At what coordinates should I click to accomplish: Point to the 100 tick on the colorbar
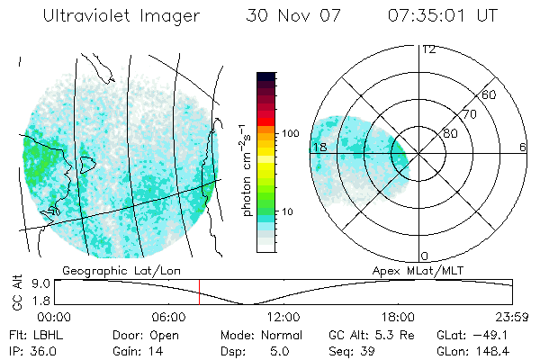[x=290, y=133]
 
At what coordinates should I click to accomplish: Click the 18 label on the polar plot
[x=318, y=147]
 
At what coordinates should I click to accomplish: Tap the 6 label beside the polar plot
[x=522, y=147]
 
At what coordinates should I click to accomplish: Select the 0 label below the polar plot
[x=425, y=256]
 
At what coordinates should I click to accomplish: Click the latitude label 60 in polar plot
[x=489, y=94]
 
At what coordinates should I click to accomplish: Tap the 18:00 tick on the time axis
[x=398, y=318]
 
